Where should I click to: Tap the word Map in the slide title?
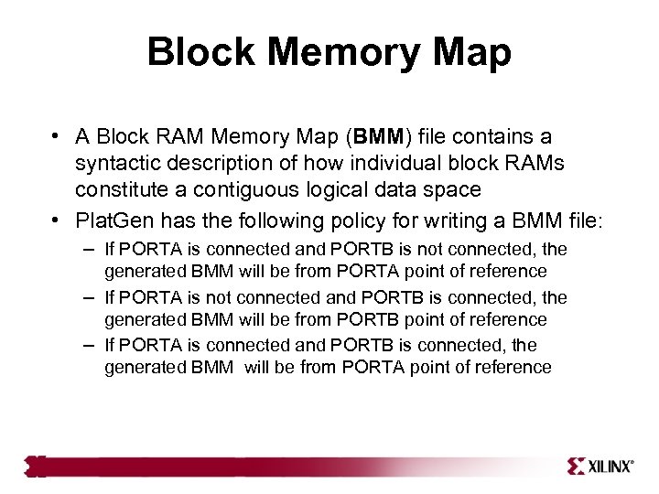click(x=473, y=53)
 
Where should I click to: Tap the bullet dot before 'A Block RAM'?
click(x=57, y=137)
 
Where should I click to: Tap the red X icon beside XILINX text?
click(x=577, y=466)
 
